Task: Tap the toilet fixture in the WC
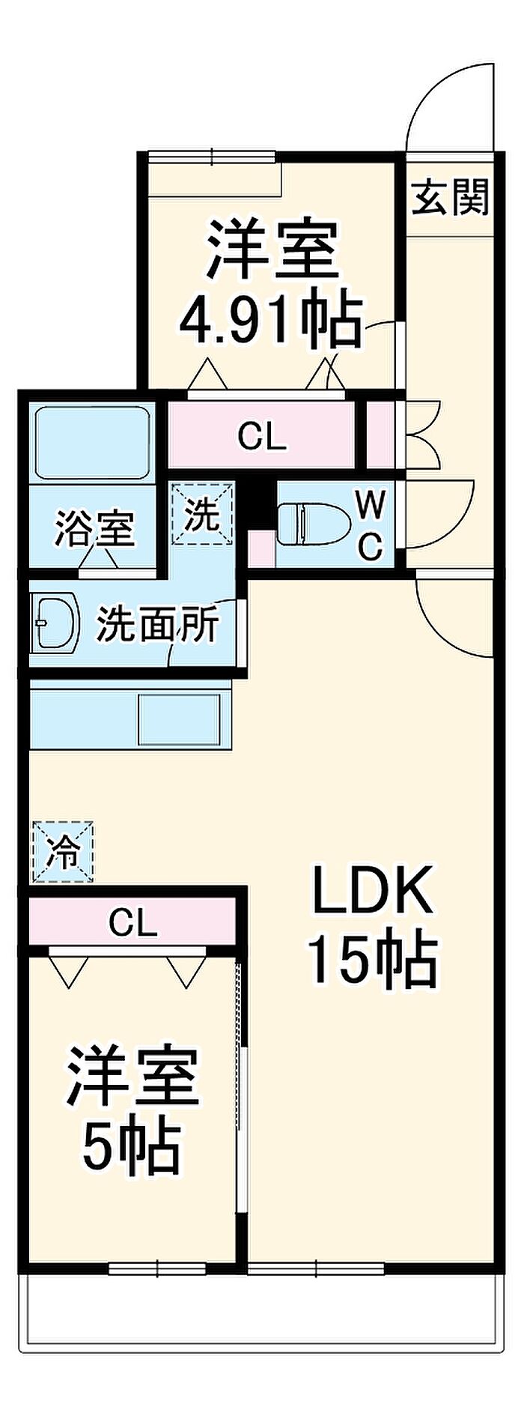coord(311,523)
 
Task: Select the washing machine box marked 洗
coord(202,515)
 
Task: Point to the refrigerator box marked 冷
coord(64,851)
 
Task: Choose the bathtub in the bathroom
coord(91,442)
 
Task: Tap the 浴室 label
coord(94,528)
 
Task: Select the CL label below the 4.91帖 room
coord(261,436)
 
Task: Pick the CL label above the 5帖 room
coord(132,922)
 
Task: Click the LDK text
coord(372,889)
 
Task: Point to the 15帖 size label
coord(372,959)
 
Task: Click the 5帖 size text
coord(131,1147)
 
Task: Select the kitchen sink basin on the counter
coord(180,719)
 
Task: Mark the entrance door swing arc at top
coord(449,105)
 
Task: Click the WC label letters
coord(371,525)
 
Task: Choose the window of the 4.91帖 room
coord(211,157)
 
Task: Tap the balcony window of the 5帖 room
coord(157,1268)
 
